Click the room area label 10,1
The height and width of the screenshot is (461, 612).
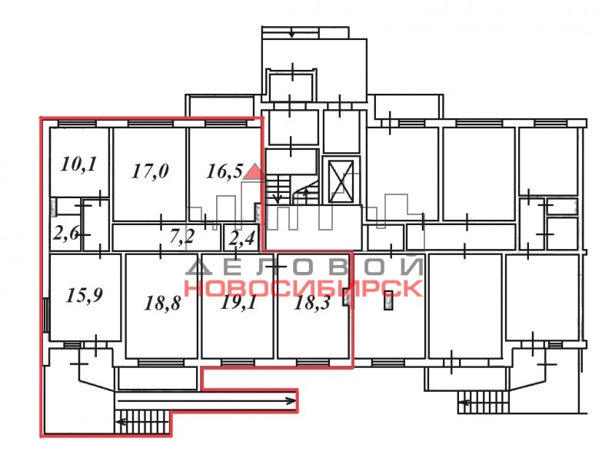coord(78,164)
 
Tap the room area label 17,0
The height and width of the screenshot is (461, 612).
coord(150,171)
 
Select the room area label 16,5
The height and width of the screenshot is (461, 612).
coord(225,171)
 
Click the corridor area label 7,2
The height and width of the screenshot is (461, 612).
coord(182,237)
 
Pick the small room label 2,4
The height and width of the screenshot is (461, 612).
coord(241,238)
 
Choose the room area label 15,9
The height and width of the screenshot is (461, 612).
coord(85,295)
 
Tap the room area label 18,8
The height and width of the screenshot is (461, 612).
coord(162,303)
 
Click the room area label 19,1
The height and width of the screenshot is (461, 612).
coord(239,302)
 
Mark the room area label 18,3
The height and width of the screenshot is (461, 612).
coord(312,303)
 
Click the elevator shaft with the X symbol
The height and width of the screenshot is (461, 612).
coord(341,181)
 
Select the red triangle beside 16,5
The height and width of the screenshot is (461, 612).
coord(253,171)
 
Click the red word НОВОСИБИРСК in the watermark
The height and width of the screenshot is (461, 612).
coord(303,288)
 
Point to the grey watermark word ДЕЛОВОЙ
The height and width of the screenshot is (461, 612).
coord(304,267)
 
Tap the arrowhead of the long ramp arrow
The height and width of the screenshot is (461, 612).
coord(291,400)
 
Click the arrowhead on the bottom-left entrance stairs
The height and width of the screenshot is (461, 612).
coord(121,422)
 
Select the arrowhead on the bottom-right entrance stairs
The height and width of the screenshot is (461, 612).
coord(464,403)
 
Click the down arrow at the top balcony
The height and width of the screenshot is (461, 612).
coord(291,35)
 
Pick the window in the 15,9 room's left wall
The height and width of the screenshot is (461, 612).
coord(45,315)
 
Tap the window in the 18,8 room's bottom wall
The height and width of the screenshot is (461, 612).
coord(161,363)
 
